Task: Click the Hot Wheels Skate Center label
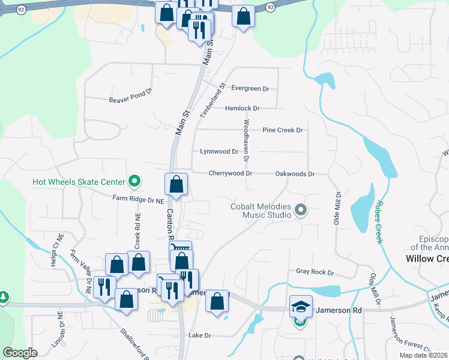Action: (x=78, y=181)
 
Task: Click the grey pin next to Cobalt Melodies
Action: (x=301, y=210)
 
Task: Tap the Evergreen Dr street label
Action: (x=250, y=89)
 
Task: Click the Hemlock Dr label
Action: (x=243, y=109)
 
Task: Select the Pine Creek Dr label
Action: (x=283, y=130)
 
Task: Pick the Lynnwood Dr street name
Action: (x=219, y=152)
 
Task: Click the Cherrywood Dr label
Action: (x=230, y=173)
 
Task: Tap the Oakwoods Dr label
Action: (x=295, y=173)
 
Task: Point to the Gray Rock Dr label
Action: (x=315, y=272)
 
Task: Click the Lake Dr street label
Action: (x=200, y=335)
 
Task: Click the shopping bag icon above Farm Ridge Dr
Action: (x=176, y=184)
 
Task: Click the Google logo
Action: (x=20, y=353)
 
